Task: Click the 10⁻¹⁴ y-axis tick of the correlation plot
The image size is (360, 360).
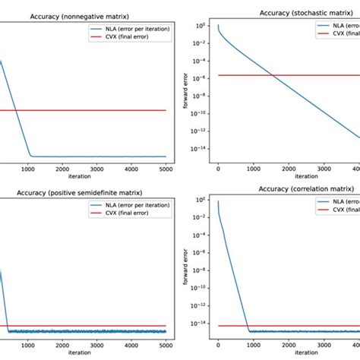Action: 201,326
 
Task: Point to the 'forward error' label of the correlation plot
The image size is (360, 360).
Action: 185,264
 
